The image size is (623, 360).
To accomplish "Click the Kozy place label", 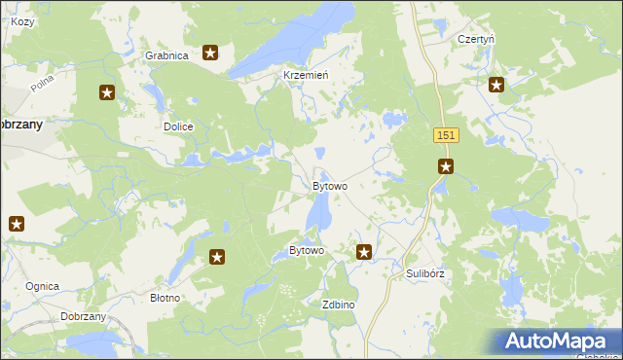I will click(21, 21).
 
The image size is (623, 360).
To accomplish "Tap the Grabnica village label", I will click(165, 55).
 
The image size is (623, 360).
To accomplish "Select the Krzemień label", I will click(305, 75).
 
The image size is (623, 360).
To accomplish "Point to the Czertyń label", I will click(476, 40).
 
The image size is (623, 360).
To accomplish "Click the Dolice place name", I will click(178, 127).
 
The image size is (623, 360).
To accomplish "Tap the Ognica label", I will click(43, 286).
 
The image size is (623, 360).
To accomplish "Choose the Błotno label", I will click(164, 298).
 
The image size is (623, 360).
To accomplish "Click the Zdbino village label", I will click(338, 305).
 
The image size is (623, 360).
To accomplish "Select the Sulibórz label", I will click(425, 274).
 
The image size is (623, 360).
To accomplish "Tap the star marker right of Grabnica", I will click(210, 53).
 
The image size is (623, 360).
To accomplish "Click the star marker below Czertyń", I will click(496, 85).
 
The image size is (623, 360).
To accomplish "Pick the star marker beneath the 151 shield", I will click(445, 167).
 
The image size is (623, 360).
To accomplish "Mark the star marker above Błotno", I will click(217, 258).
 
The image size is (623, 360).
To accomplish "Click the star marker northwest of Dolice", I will click(107, 93).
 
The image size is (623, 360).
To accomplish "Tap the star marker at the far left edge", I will click(16, 224).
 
